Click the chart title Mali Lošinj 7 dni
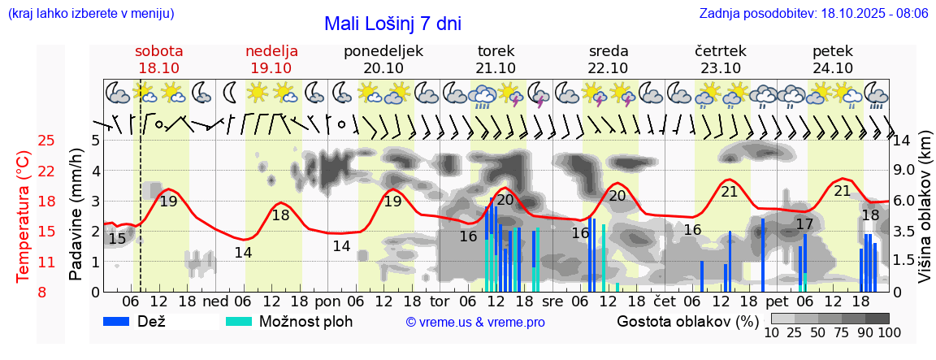(x=392, y=23)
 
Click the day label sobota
(x=159, y=51)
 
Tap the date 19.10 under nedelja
(x=271, y=68)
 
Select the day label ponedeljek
(x=383, y=51)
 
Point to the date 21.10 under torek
(x=496, y=68)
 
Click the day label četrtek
(x=721, y=51)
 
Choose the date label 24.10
(x=833, y=68)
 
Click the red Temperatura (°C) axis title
(x=24, y=216)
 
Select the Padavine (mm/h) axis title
(x=76, y=215)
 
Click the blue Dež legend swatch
(x=122, y=321)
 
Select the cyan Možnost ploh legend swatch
(x=238, y=321)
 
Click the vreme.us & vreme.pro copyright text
(x=475, y=322)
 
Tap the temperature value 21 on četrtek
(x=729, y=192)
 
